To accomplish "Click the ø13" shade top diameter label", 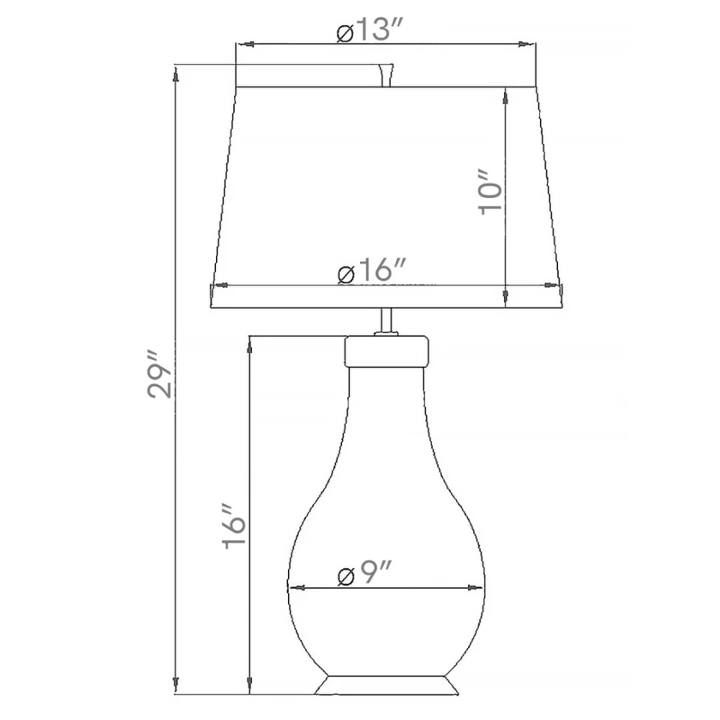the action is [369, 30].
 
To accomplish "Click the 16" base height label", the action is [234, 527].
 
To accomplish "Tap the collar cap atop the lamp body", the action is [387, 352].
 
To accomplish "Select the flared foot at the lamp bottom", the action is [387, 685].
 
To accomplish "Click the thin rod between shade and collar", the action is [387, 321].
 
